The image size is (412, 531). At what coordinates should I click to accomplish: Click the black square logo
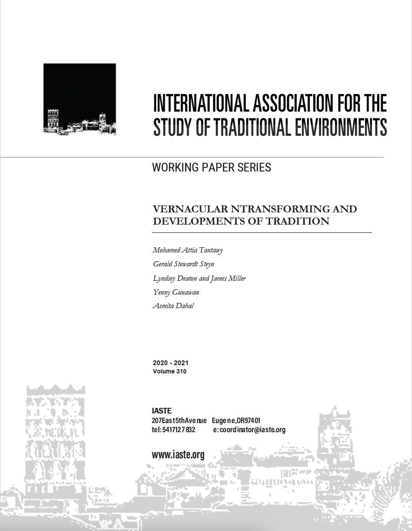coord(80,99)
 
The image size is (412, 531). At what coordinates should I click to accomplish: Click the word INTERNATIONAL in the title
coord(201,104)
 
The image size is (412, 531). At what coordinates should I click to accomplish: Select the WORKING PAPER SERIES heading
coord(211,168)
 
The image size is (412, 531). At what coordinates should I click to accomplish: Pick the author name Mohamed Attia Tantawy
coord(188,250)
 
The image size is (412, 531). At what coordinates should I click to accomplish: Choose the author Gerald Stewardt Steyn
coord(184,264)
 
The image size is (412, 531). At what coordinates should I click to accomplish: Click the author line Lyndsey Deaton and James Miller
coord(199,278)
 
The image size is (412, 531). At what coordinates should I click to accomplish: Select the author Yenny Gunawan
coord(176,292)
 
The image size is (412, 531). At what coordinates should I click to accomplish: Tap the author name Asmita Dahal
coord(173,306)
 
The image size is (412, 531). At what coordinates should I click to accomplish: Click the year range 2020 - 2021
coord(171,363)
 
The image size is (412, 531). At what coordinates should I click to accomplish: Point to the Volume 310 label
coord(170,371)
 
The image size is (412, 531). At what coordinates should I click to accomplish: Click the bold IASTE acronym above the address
coord(162,411)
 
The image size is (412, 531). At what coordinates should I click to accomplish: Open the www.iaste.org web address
coord(178,455)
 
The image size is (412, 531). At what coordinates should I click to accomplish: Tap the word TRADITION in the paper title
coord(298,221)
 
